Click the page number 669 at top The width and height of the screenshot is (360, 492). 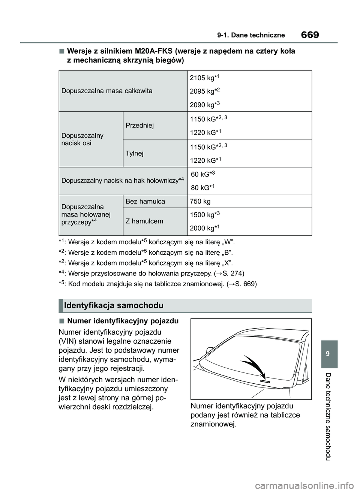click(x=310, y=35)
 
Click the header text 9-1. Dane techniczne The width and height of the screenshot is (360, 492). click(x=251, y=35)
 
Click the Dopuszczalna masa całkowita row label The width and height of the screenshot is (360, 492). click(x=107, y=91)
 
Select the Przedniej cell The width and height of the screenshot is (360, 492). click(x=139, y=126)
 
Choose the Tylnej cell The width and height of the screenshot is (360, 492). click(x=135, y=153)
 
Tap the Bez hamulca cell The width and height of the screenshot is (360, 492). click(x=145, y=202)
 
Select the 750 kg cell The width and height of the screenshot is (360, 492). click(x=200, y=202)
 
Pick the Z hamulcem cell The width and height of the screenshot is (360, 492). click(x=144, y=221)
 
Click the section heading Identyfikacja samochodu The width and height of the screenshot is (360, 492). click(x=114, y=305)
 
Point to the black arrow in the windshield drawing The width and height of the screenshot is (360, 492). click(x=253, y=365)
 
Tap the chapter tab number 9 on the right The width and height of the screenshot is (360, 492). click(x=329, y=354)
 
